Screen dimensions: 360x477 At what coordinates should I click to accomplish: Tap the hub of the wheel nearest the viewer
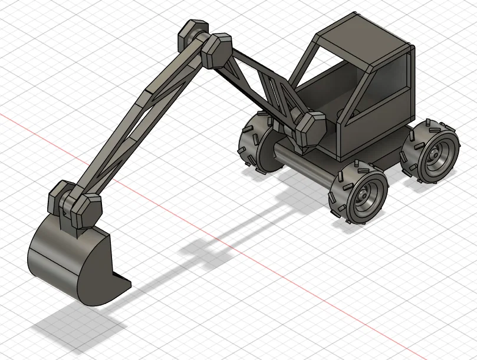366,195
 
